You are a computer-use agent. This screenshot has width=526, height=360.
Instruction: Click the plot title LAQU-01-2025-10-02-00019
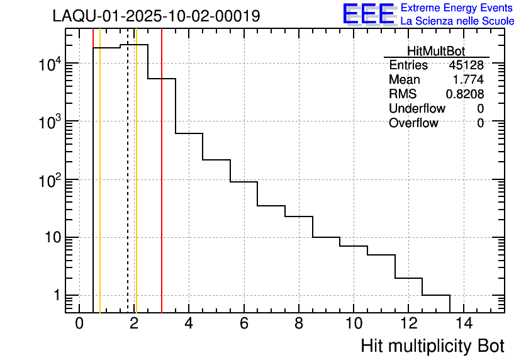tap(156, 16)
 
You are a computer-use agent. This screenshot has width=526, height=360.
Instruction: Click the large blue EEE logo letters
tap(369, 14)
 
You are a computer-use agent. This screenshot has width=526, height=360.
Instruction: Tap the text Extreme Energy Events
tap(457, 8)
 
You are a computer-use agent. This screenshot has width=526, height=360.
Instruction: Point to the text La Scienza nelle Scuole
tap(457, 21)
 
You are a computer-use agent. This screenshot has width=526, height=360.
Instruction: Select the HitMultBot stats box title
tap(436, 52)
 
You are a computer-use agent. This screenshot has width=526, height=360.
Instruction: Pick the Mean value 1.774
tap(468, 80)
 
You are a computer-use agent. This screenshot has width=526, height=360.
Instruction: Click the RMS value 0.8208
tap(465, 94)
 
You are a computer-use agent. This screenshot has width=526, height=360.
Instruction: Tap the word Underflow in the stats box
tap(417, 109)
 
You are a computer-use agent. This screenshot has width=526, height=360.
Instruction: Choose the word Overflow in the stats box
tap(413, 123)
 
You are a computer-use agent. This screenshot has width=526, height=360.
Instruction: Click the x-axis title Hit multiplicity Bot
tap(432, 346)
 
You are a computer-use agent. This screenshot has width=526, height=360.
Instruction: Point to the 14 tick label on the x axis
tap(463, 323)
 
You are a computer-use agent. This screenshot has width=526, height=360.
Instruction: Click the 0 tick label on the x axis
tap(79, 323)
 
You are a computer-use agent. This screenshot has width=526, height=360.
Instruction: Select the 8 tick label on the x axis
tap(299, 323)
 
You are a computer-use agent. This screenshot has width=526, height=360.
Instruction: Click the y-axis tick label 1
tap(56, 295)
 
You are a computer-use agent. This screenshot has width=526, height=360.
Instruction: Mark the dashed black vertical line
tap(128, 189)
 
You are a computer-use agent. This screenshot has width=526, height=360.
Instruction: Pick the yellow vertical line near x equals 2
tap(136, 189)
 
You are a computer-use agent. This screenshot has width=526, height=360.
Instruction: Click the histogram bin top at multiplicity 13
tap(436, 295)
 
